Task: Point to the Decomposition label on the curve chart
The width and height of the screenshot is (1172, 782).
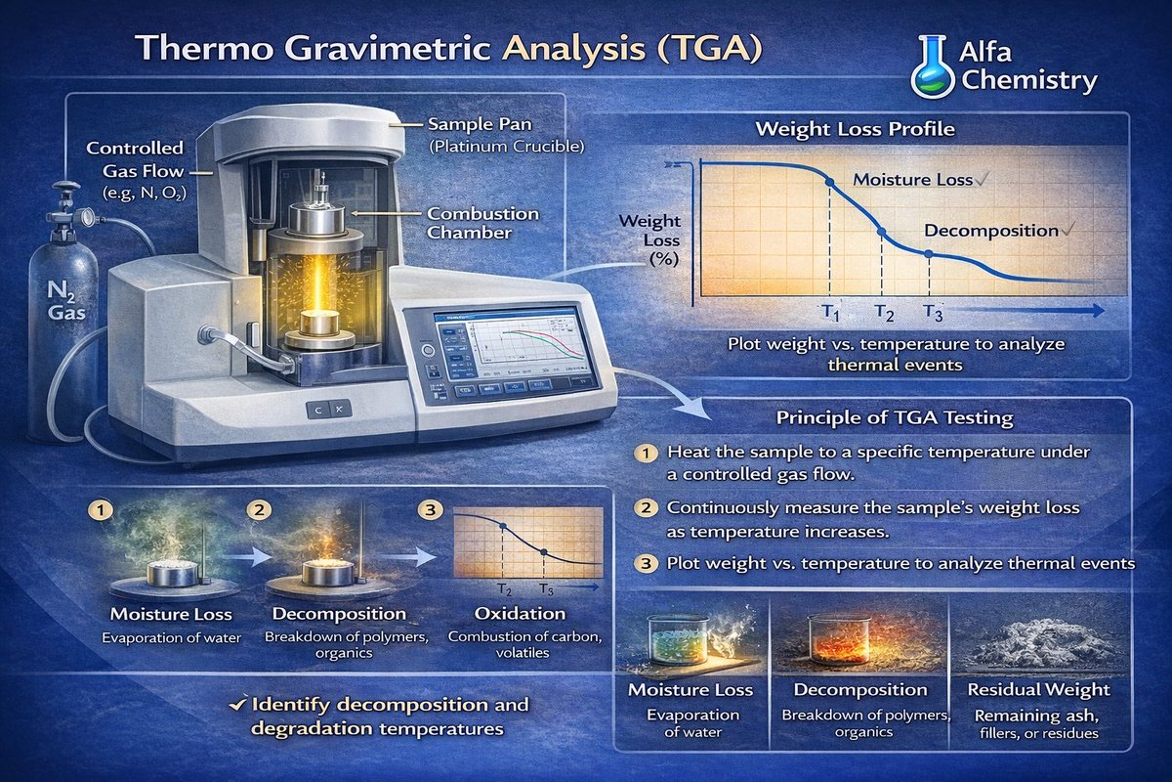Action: click(x=991, y=231)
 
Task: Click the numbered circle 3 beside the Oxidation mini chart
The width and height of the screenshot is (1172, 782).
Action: click(x=429, y=509)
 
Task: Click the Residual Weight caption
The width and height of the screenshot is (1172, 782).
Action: click(x=1038, y=690)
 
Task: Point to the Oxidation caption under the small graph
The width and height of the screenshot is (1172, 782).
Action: click(x=519, y=614)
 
